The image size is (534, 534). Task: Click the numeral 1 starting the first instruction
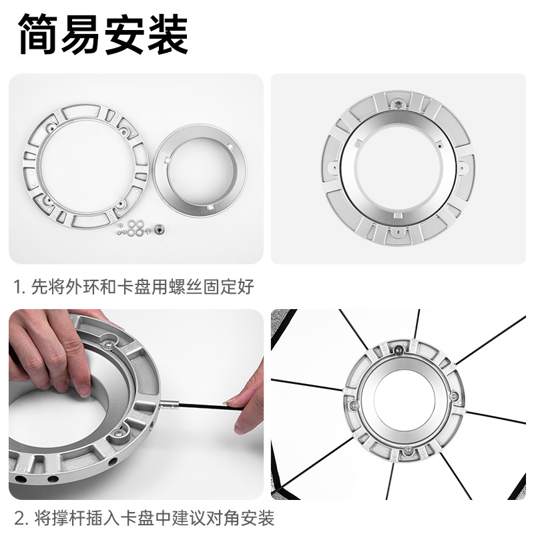(17, 287)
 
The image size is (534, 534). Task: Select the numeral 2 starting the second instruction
(19, 519)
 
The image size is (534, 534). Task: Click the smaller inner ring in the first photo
(200, 171)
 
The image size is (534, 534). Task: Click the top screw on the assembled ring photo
(398, 104)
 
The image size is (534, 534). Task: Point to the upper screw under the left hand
(108, 345)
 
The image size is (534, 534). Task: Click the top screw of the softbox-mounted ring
(398, 350)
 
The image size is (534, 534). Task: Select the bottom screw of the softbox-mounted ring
(408, 452)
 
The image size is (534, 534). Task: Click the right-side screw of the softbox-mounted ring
(455, 396)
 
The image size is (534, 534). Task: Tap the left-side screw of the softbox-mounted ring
(354, 405)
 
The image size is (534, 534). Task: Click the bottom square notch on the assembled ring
(397, 216)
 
